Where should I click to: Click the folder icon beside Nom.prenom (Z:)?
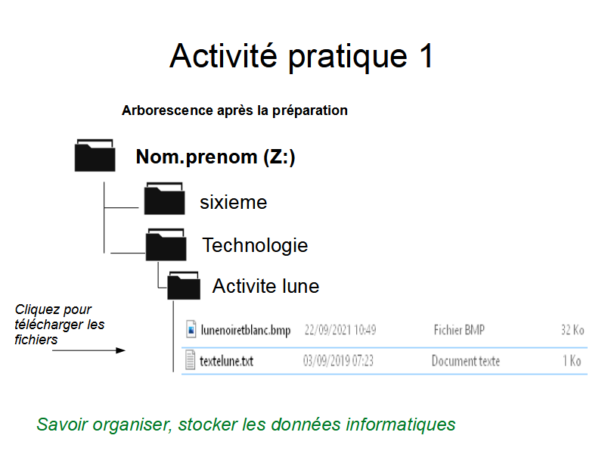tap(95, 155)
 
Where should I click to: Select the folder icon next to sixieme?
tap(164, 198)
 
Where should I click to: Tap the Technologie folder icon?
tap(166, 244)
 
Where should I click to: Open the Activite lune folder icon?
tap(184, 286)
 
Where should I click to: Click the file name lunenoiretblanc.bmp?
tap(245, 330)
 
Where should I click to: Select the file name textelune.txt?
tap(226, 361)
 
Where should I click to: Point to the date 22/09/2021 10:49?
tap(340, 330)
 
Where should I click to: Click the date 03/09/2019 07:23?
tap(338, 361)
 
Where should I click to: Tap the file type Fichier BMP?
tap(459, 330)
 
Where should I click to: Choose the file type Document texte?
tap(466, 361)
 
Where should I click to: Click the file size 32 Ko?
tap(572, 330)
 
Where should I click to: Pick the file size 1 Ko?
tap(572, 361)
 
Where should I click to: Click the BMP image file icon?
tap(191, 329)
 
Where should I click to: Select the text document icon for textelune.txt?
tap(191, 359)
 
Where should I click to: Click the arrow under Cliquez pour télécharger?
tap(88, 350)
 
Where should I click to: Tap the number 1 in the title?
tap(426, 56)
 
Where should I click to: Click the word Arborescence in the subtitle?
tap(167, 110)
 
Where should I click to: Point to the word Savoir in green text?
tap(62, 424)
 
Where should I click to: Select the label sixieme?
tap(234, 202)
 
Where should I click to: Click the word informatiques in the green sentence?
tap(401, 424)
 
